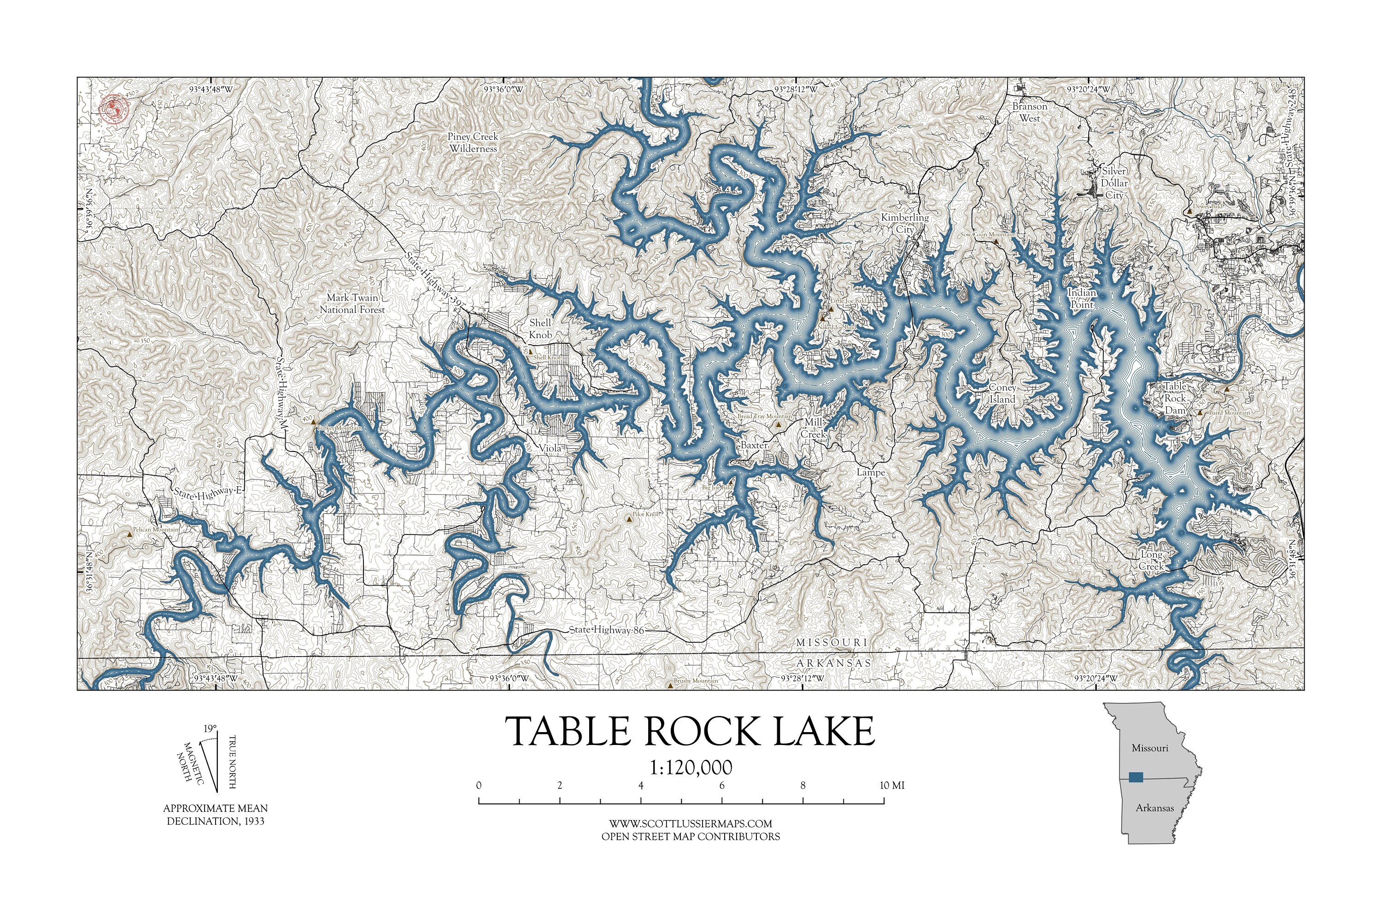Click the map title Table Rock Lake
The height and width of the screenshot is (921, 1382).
690,731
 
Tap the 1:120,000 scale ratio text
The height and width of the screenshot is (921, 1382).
691,768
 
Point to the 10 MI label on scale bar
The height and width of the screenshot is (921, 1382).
891,786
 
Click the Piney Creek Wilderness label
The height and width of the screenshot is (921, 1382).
473,142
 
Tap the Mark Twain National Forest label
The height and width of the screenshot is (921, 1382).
352,304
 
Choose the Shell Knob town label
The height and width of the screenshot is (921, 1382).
540,329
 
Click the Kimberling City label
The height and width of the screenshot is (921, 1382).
904,223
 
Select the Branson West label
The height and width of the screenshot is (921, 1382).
1030,112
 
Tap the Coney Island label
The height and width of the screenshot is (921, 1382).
1002,393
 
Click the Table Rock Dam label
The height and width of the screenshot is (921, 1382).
1175,398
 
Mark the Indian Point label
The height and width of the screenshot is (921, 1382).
1081,299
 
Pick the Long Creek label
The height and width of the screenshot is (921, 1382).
1151,560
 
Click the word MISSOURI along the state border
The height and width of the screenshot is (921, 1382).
831,643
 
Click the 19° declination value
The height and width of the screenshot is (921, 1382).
210,728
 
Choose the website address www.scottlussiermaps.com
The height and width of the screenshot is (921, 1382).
690,823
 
